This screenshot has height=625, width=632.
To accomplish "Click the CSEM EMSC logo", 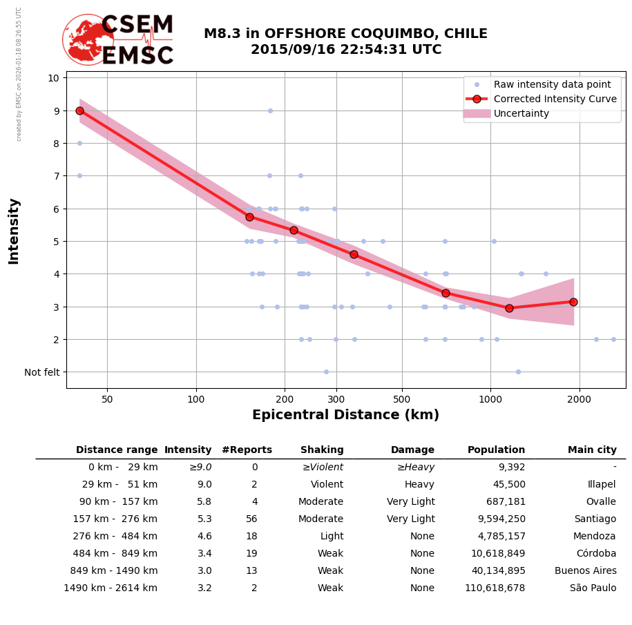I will [118, 39].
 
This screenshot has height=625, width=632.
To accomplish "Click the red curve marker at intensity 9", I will [79, 110].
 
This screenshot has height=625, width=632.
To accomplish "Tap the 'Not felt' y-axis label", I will [42, 372].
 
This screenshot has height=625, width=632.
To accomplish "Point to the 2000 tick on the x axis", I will [579, 399].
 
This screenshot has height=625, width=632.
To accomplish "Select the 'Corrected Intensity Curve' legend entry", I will [555, 99].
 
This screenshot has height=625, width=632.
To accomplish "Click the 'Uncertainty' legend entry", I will [521, 113].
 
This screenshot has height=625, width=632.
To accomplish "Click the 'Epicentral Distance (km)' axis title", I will [345, 415].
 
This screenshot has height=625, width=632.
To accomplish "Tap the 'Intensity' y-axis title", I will [14, 231].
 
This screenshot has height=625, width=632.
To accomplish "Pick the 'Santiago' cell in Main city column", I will [595, 519].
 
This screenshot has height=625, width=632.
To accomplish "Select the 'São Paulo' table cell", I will [593, 588].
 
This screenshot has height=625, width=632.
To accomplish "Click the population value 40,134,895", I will [495, 571].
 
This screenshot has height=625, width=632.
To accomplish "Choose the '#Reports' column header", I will [247, 450].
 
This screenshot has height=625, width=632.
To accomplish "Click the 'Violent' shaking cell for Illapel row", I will [327, 485].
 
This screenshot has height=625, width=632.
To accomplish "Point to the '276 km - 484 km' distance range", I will [115, 537].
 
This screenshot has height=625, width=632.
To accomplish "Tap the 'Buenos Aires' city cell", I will [585, 571].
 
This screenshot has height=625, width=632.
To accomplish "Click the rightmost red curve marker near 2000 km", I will [573, 302].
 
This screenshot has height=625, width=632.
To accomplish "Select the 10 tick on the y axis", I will [53, 78].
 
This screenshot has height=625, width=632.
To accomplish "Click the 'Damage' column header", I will [412, 450].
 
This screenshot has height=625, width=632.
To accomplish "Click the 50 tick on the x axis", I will [107, 399].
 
